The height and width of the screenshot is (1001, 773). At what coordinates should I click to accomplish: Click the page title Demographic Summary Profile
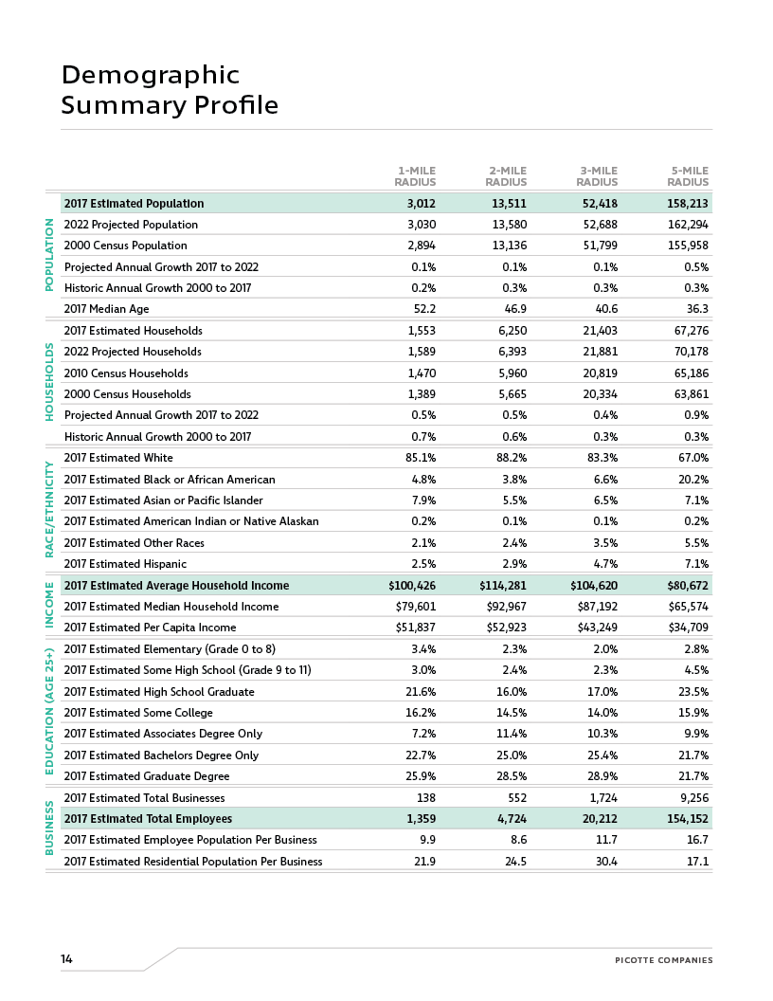coord(170,89)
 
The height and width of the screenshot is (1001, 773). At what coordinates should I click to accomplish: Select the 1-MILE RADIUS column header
coord(415,176)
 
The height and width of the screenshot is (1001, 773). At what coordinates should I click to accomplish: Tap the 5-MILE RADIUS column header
coord(688,176)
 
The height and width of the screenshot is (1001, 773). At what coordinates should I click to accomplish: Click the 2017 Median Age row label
coord(106,309)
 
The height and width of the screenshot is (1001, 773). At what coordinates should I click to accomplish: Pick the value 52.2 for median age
coord(422,309)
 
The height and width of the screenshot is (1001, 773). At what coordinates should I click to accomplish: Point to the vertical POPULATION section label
coord(50,254)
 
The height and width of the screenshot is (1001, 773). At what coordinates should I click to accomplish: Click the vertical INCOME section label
coord(50,606)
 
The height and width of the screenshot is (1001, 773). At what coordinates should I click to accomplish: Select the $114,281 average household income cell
coord(503,586)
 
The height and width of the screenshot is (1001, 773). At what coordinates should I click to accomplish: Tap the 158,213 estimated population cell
coord(688,204)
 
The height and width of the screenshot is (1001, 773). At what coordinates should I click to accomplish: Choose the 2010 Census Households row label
coord(126,373)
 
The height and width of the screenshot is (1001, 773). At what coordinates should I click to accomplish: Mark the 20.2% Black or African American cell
coord(693,480)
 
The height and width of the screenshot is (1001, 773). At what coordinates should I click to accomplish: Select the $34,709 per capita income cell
coord(687,628)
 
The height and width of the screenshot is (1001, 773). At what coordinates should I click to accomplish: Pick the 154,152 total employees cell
coord(687,819)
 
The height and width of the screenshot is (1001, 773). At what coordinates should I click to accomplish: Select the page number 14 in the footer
coord(66,959)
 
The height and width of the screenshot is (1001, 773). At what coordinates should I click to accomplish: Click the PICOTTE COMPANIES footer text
coord(663,960)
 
